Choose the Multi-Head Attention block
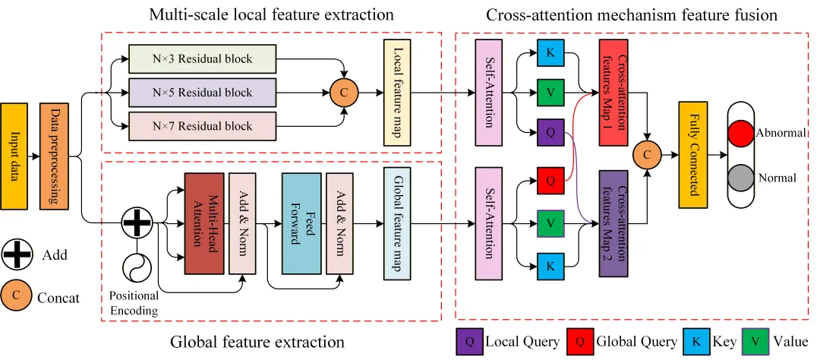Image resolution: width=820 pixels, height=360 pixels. pyautogui.click(x=204, y=223)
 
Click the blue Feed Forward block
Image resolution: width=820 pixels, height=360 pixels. pyautogui.click(x=301, y=223)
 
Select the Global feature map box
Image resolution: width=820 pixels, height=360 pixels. pyautogui.click(x=398, y=223)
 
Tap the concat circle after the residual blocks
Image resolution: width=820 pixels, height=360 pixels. pyautogui.click(x=342, y=92)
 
